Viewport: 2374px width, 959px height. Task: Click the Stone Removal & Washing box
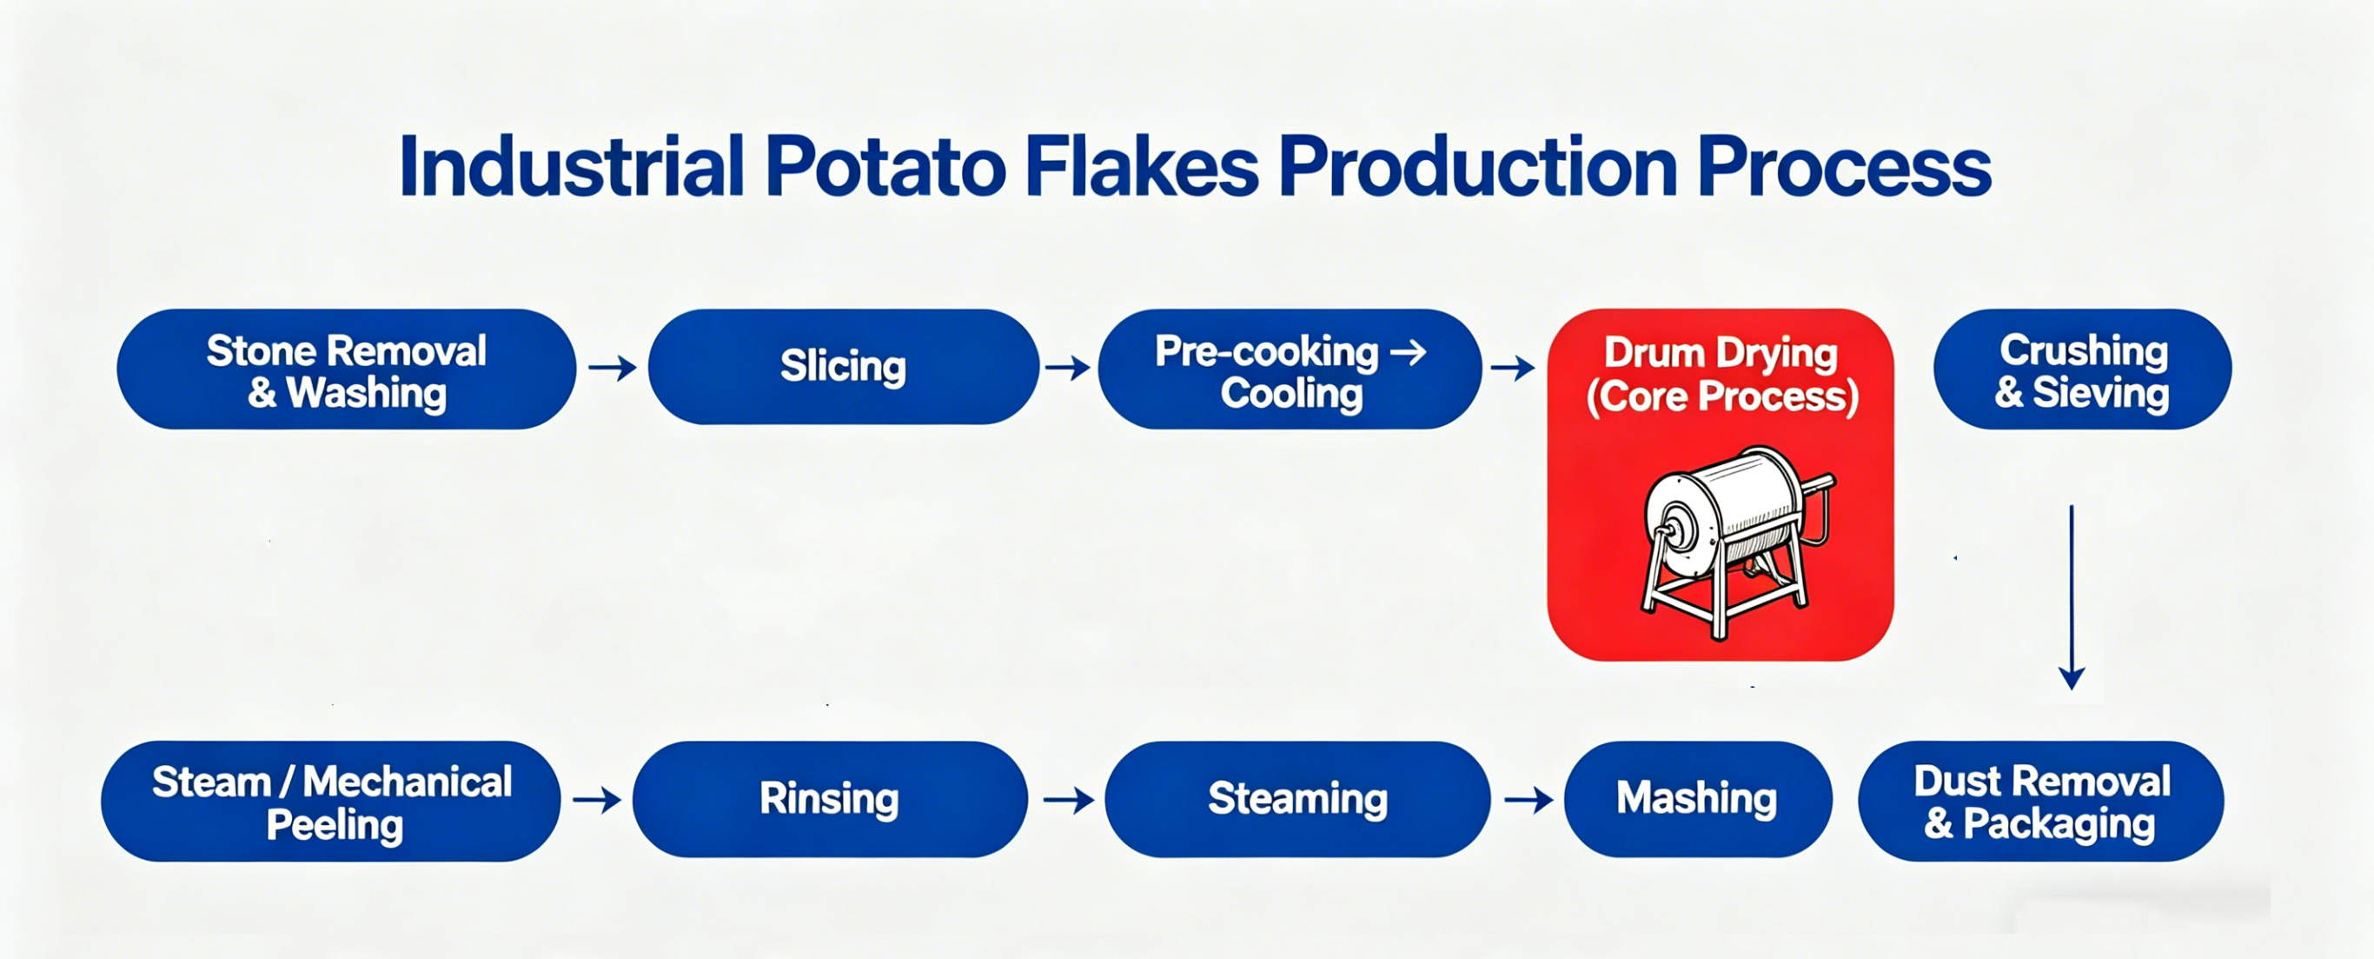[347, 369]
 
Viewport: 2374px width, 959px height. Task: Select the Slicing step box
[843, 367]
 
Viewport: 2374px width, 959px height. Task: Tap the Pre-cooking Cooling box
[1290, 369]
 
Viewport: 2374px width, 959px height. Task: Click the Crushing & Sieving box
[2083, 369]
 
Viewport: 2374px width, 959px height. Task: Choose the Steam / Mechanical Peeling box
[331, 802]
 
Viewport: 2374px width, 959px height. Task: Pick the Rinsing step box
[831, 800]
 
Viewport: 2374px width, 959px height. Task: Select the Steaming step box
[1297, 800]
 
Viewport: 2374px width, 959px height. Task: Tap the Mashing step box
[1699, 800]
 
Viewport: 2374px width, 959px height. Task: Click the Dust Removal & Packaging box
[2041, 802]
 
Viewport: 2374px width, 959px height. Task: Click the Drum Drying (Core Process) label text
[1721, 375]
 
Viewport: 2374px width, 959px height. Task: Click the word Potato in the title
[885, 167]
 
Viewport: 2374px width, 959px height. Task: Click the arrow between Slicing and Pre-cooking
[1068, 369]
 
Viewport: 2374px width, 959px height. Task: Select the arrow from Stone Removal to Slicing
[613, 369]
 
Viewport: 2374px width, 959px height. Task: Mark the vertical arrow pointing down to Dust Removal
[2072, 597]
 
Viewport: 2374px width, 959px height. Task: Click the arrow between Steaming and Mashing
[1528, 800]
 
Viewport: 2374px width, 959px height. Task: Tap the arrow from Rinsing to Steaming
[1068, 800]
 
